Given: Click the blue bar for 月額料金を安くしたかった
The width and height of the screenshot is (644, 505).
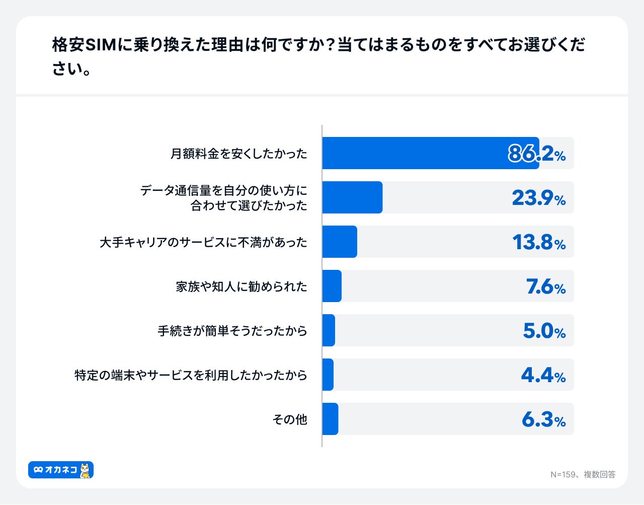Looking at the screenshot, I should [x=430, y=153].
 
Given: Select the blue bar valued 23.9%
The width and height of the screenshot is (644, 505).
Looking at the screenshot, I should [x=352, y=197].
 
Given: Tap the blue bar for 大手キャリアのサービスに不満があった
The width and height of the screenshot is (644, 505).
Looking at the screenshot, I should [x=340, y=242].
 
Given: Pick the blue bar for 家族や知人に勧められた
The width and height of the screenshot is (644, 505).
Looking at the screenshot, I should [x=332, y=286].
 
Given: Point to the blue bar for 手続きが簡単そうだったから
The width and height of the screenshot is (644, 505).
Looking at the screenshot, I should [x=329, y=330].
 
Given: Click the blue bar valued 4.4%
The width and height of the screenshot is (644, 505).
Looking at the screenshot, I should [x=328, y=375].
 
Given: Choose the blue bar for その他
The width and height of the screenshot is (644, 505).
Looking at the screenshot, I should [x=330, y=419].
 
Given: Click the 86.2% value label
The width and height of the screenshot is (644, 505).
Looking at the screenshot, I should [x=537, y=154].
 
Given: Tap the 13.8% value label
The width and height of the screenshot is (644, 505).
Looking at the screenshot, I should [x=539, y=242].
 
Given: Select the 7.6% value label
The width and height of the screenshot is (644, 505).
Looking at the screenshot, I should [x=546, y=286].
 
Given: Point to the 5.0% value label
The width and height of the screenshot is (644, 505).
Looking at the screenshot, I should [x=544, y=331].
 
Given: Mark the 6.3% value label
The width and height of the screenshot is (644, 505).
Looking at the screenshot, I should [x=543, y=419].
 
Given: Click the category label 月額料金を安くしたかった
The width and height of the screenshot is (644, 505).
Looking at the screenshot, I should [x=238, y=154].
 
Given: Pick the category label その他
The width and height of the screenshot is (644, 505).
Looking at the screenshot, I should [x=290, y=419].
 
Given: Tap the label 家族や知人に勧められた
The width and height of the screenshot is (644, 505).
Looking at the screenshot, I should [x=242, y=286].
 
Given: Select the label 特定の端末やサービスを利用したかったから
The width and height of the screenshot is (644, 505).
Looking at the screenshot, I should [x=191, y=375].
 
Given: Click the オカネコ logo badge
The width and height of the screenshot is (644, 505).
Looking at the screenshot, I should [x=61, y=470].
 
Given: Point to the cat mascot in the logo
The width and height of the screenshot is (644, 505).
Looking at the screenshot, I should [x=86, y=470].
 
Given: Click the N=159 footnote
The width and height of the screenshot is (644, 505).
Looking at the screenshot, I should [x=583, y=474].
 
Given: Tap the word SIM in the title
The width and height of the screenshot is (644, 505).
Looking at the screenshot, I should [x=101, y=45].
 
